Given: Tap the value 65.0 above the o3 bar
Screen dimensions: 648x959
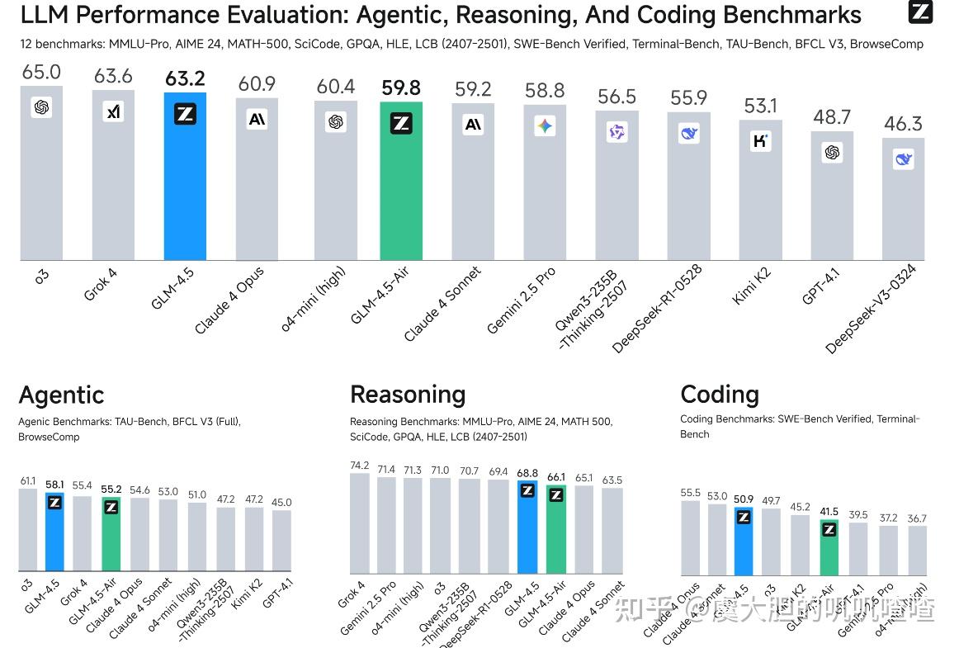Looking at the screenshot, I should point(41,73).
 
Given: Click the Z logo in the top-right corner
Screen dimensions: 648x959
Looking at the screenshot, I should point(920,12).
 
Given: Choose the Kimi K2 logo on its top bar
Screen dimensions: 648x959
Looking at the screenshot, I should point(761,140).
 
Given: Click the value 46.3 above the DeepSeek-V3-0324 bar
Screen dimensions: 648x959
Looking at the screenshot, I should point(903,125).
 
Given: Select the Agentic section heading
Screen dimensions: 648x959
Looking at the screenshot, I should point(61,395).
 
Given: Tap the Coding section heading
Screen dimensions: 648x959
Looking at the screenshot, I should point(720,395).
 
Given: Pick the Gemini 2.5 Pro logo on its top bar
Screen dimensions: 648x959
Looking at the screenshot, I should point(545,125).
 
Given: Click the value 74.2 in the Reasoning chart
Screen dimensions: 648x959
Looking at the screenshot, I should point(360,466).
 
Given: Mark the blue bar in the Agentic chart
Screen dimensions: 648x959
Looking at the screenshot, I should point(54,537).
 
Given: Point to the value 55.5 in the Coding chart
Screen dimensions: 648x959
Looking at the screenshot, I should point(691,493).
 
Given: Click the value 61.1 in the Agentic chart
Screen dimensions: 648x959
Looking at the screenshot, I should point(28,480).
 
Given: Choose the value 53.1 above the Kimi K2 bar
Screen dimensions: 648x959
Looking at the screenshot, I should point(761,106).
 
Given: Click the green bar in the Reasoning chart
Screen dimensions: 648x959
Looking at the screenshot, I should point(556,532).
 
